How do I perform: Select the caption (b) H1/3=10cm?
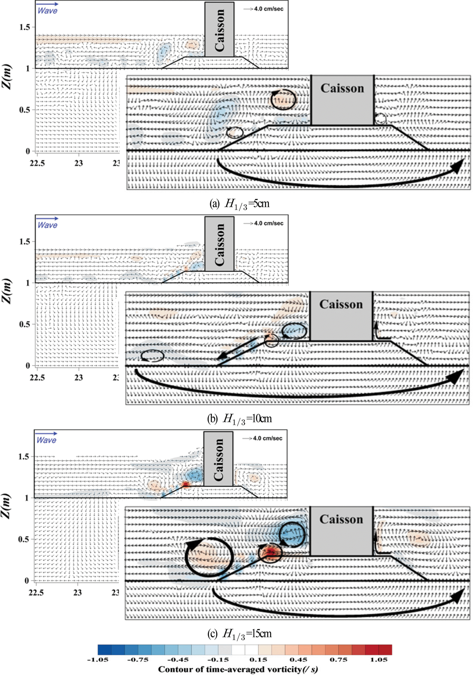tap(239, 419)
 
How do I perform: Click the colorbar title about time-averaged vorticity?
tap(238, 669)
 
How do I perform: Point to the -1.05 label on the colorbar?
tap(98, 660)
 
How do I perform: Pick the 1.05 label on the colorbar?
tap(379, 660)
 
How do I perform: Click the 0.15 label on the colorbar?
tap(258, 660)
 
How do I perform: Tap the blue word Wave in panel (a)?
tap(47, 11)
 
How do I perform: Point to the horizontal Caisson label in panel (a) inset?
tap(342, 88)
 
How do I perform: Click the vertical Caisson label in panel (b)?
tap(220, 245)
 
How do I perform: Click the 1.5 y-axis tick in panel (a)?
tap(25, 27)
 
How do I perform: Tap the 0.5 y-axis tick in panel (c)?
tap(24, 539)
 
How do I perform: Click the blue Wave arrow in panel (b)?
tap(47, 218)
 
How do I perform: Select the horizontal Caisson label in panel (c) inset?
tap(341, 519)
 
